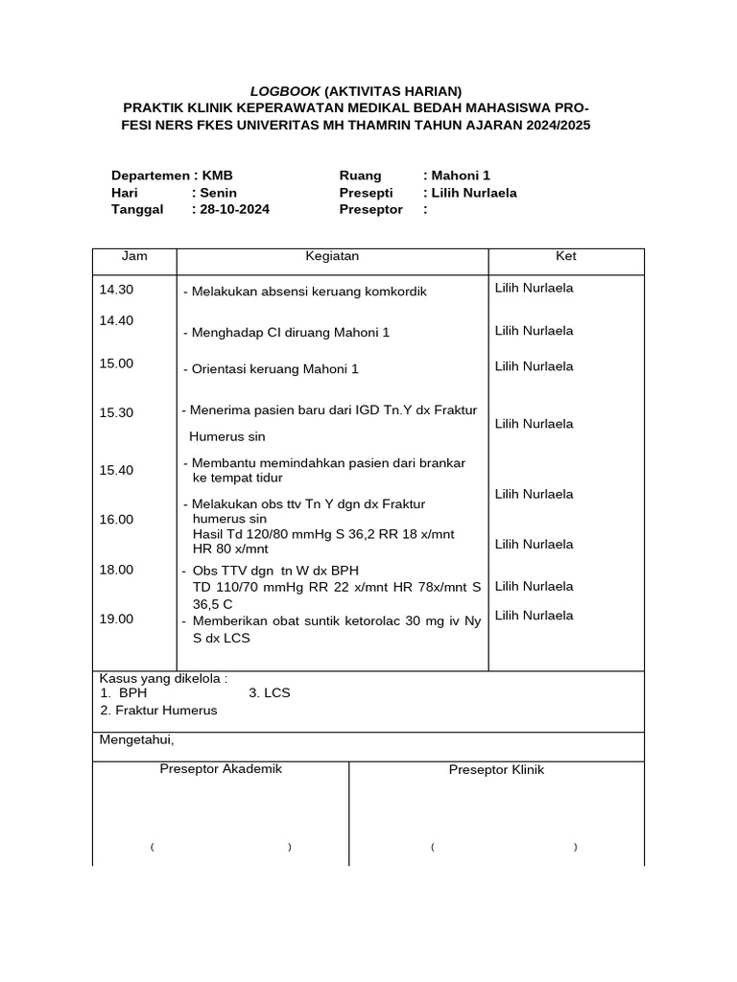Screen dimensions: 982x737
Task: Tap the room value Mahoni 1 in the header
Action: pos(461,175)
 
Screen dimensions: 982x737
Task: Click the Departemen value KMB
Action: pos(217,175)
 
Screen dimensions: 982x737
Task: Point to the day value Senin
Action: pos(219,193)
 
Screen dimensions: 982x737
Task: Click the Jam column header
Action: pos(134,257)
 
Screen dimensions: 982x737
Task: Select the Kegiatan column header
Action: pos(332,257)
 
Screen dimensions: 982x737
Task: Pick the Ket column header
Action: pos(566,257)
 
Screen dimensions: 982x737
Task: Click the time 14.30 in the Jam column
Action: pos(116,290)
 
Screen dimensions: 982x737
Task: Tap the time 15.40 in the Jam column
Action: pos(116,470)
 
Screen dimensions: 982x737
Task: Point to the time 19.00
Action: pos(116,620)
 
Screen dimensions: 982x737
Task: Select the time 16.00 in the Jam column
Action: pos(116,519)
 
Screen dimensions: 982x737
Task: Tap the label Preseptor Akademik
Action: pos(221,769)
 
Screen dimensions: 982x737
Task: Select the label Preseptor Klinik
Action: pos(496,770)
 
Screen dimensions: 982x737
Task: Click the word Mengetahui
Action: pos(136,739)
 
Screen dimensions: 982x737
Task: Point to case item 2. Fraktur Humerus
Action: pos(158,711)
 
